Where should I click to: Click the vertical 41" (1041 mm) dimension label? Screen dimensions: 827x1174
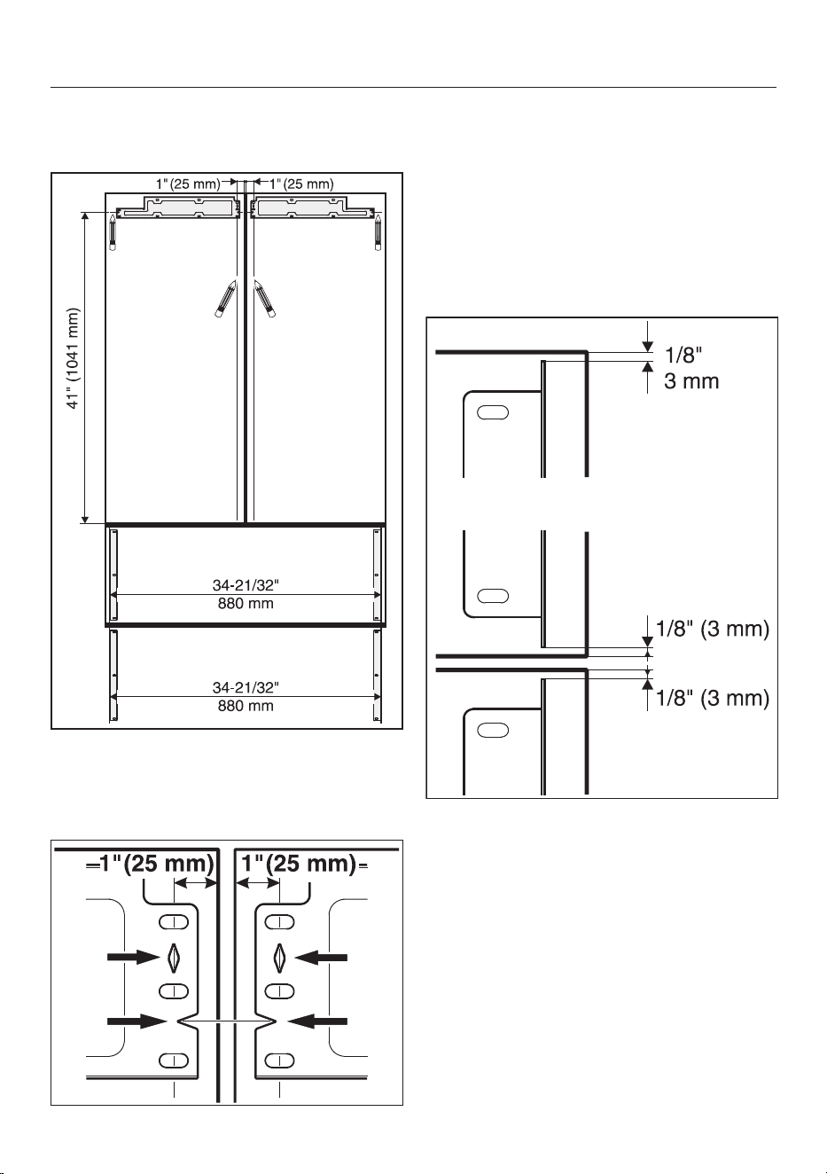point(74,358)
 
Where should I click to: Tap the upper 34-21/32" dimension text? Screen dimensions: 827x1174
point(246,585)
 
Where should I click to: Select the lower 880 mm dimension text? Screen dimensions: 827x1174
point(246,706)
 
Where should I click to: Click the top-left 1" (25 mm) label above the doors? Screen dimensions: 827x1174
point(188,184)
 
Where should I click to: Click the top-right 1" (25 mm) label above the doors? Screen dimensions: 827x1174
point(301,184)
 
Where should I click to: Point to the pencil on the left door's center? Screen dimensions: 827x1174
point(225,299)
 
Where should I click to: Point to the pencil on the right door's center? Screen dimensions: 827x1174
point(265,299)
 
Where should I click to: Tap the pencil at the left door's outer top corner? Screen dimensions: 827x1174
point(113,232)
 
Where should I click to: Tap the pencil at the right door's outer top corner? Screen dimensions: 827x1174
point(378,232)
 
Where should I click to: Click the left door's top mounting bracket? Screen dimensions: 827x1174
point(178,207)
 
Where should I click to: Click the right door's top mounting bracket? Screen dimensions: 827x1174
point(313,207)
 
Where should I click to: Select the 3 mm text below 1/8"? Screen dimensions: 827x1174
point(691,381)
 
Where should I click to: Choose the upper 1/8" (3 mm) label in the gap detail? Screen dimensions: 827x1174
point(713,629)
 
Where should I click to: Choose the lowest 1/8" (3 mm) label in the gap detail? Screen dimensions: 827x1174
point(713,698)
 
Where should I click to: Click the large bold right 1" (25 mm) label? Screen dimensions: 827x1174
point(298,863)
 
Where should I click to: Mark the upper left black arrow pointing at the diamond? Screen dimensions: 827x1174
point(133,957)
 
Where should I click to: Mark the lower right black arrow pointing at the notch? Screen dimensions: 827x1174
point(317,1021)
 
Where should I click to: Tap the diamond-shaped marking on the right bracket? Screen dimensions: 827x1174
point(280,957)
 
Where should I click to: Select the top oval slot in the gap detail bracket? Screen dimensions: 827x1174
point(493,412)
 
